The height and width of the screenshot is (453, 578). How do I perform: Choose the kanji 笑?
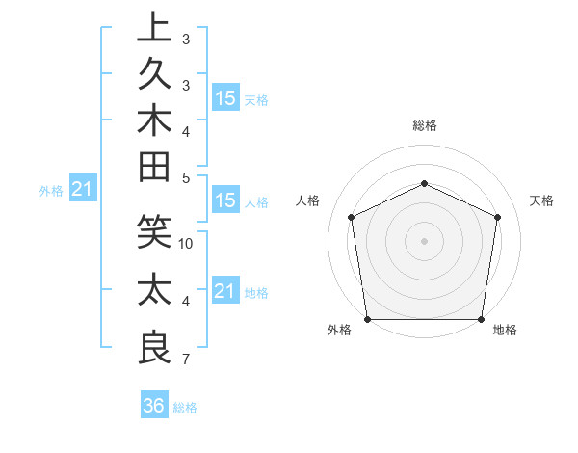coord(154,232)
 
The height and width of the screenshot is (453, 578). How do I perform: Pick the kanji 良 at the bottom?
coord(154,348)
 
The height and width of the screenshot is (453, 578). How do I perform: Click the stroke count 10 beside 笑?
coord(186,244)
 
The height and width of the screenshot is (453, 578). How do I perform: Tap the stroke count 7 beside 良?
coord(186,360)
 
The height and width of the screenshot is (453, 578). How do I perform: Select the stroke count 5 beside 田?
coord(186,177)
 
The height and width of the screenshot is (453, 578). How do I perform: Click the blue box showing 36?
coord(154,406)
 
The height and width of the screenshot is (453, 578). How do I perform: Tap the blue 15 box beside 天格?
coord(225,98)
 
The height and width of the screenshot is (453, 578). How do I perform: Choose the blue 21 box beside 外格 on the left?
coord(82,190)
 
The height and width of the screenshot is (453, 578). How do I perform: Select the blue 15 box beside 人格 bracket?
coord(225,201)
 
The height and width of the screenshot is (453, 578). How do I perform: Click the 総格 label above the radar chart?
coord(425,125)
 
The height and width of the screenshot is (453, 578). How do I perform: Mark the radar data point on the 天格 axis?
coord(498,217)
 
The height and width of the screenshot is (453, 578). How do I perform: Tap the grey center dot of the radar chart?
coord(424,240)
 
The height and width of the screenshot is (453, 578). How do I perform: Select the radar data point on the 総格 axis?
coord(424,183)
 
